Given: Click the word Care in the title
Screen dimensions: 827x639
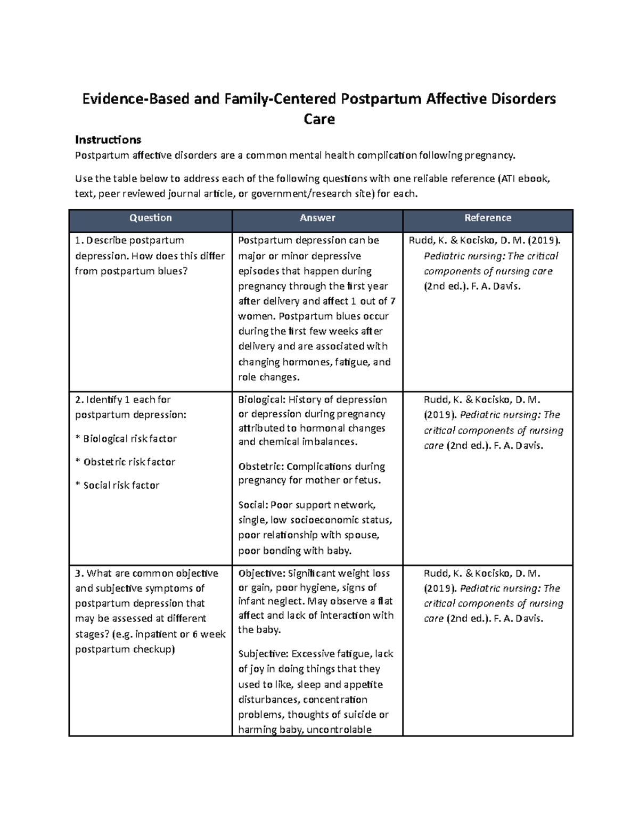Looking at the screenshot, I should (x=319, y=119).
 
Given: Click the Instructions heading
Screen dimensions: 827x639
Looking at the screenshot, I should (x=108, y=140).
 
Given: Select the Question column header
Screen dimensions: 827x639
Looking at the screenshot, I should (x=151, y=218).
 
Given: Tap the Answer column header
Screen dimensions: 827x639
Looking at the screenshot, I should (x=317, y=218).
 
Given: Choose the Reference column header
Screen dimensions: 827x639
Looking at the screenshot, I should (x=487, y=218).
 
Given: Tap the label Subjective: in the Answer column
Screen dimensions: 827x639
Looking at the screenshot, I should (x=263, y=654).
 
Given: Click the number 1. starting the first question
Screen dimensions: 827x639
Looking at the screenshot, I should (x=79, y=241).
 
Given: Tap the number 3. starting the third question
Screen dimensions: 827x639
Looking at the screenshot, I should (x=79, y=574).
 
